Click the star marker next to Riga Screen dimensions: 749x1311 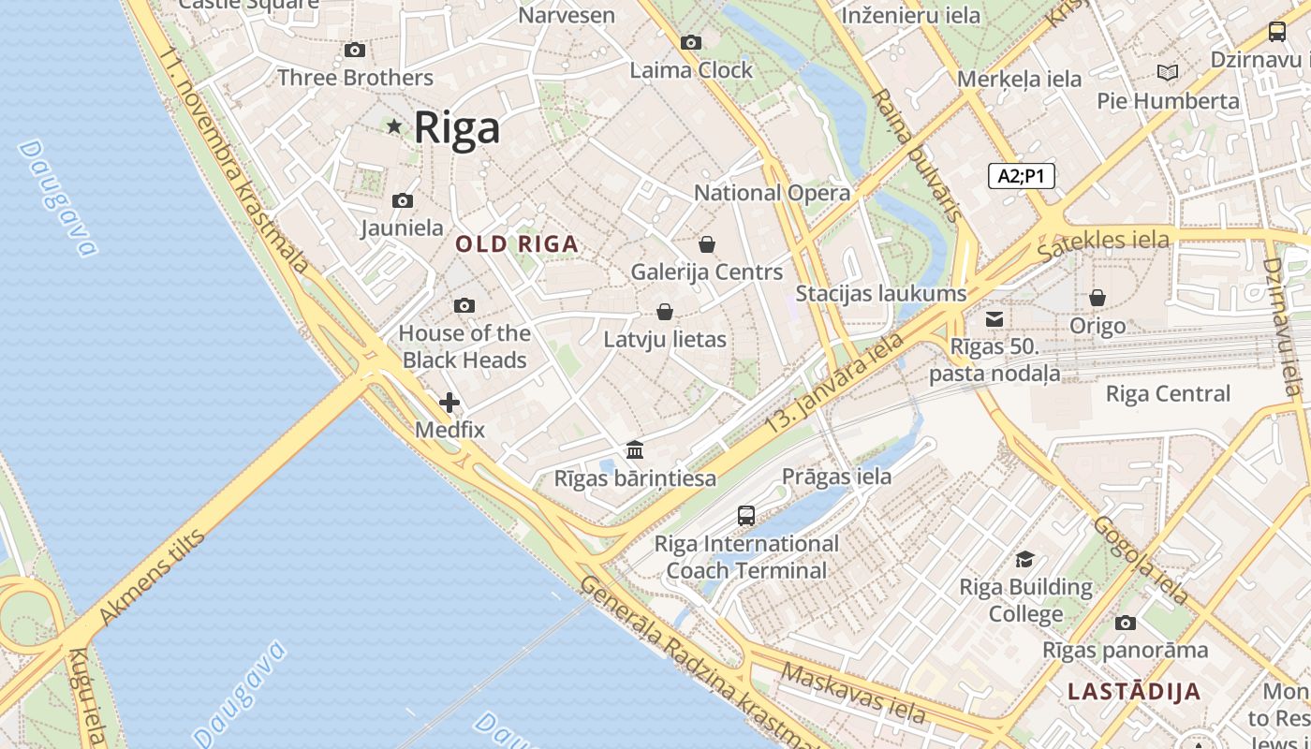coord(394,125)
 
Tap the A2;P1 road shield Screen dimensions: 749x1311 coord(1021,175)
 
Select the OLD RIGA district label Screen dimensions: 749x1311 coord(517,244)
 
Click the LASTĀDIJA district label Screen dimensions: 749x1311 coord(1134,692)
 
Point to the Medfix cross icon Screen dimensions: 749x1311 coord(449,403)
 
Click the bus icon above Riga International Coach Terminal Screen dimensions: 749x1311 coord(746,515)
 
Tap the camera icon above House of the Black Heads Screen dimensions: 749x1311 coord(464,305)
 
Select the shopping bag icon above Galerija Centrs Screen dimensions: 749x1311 coord(707,244)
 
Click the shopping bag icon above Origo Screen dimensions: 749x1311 coord(1097,298)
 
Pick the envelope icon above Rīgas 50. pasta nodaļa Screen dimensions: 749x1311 coord(994,319)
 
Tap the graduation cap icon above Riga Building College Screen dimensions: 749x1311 coord(1025,559)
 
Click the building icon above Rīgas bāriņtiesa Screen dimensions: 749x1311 coord(635,449)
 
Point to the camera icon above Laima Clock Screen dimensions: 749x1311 coord(691,42)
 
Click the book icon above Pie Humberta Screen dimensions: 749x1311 coord(1168,72)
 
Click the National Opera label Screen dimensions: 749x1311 coord(772,193)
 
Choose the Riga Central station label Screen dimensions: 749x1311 coord(1168,393)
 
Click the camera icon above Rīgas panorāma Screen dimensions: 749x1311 coord(1126,623)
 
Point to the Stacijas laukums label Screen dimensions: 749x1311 coord(880,293)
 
